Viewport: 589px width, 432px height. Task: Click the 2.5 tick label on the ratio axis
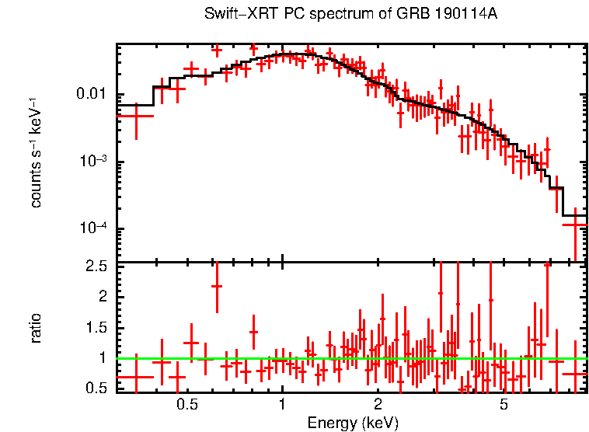[98, 267]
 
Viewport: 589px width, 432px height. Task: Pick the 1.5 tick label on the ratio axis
[98, 328]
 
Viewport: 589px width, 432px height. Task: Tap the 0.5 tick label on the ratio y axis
[98, 388]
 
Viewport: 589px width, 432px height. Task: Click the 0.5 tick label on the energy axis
[186, 405]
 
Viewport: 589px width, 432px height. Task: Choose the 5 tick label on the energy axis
[504, 405]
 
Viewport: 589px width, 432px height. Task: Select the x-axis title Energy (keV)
[352, 423]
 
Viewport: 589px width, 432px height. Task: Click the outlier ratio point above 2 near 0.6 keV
[217, 286]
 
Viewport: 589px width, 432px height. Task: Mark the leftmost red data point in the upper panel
[135, 115]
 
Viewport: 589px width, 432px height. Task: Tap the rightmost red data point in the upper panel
[574, 225]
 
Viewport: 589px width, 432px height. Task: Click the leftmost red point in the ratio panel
[135, 377]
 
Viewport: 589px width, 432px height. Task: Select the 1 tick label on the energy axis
[282, 405]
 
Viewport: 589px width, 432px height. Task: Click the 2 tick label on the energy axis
[378, 405]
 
